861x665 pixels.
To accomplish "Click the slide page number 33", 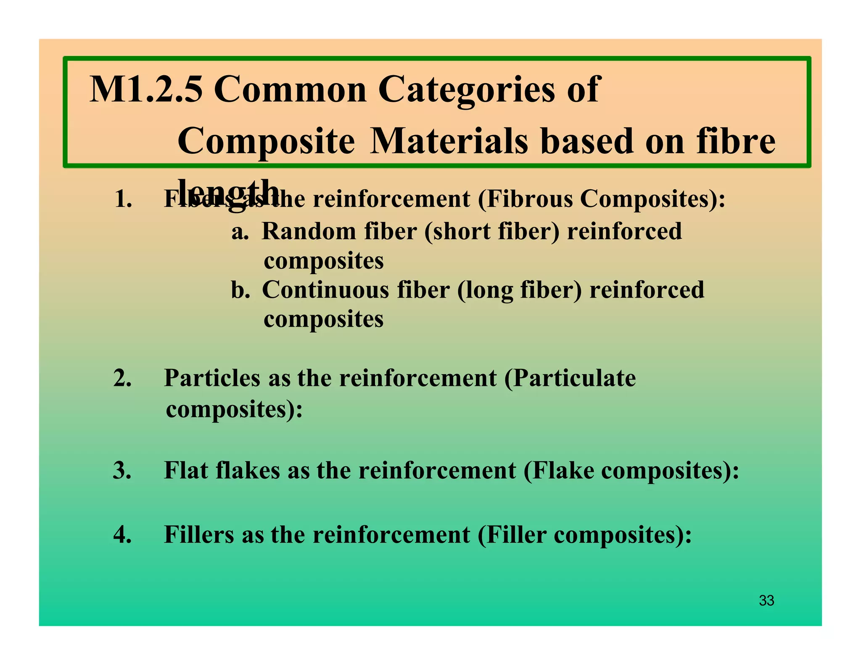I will tap(766, 601).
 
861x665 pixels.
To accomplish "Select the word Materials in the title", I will tap(449, 141).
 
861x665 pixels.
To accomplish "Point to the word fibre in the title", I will tap(736, 141).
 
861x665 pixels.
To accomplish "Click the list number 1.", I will tap(123, 199).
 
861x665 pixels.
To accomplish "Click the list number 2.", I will tap(122, 378).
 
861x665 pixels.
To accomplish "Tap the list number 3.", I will tap(122, 470).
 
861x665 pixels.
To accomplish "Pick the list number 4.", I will tap(122, 535).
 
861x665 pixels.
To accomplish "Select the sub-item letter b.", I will tap(240, 290).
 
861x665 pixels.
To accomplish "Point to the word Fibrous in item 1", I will tap(530, 199).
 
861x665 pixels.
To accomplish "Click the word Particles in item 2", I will tap(212, 378).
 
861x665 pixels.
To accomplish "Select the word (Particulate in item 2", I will tap(570, 378).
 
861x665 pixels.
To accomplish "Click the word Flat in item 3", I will tap(186, 470).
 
